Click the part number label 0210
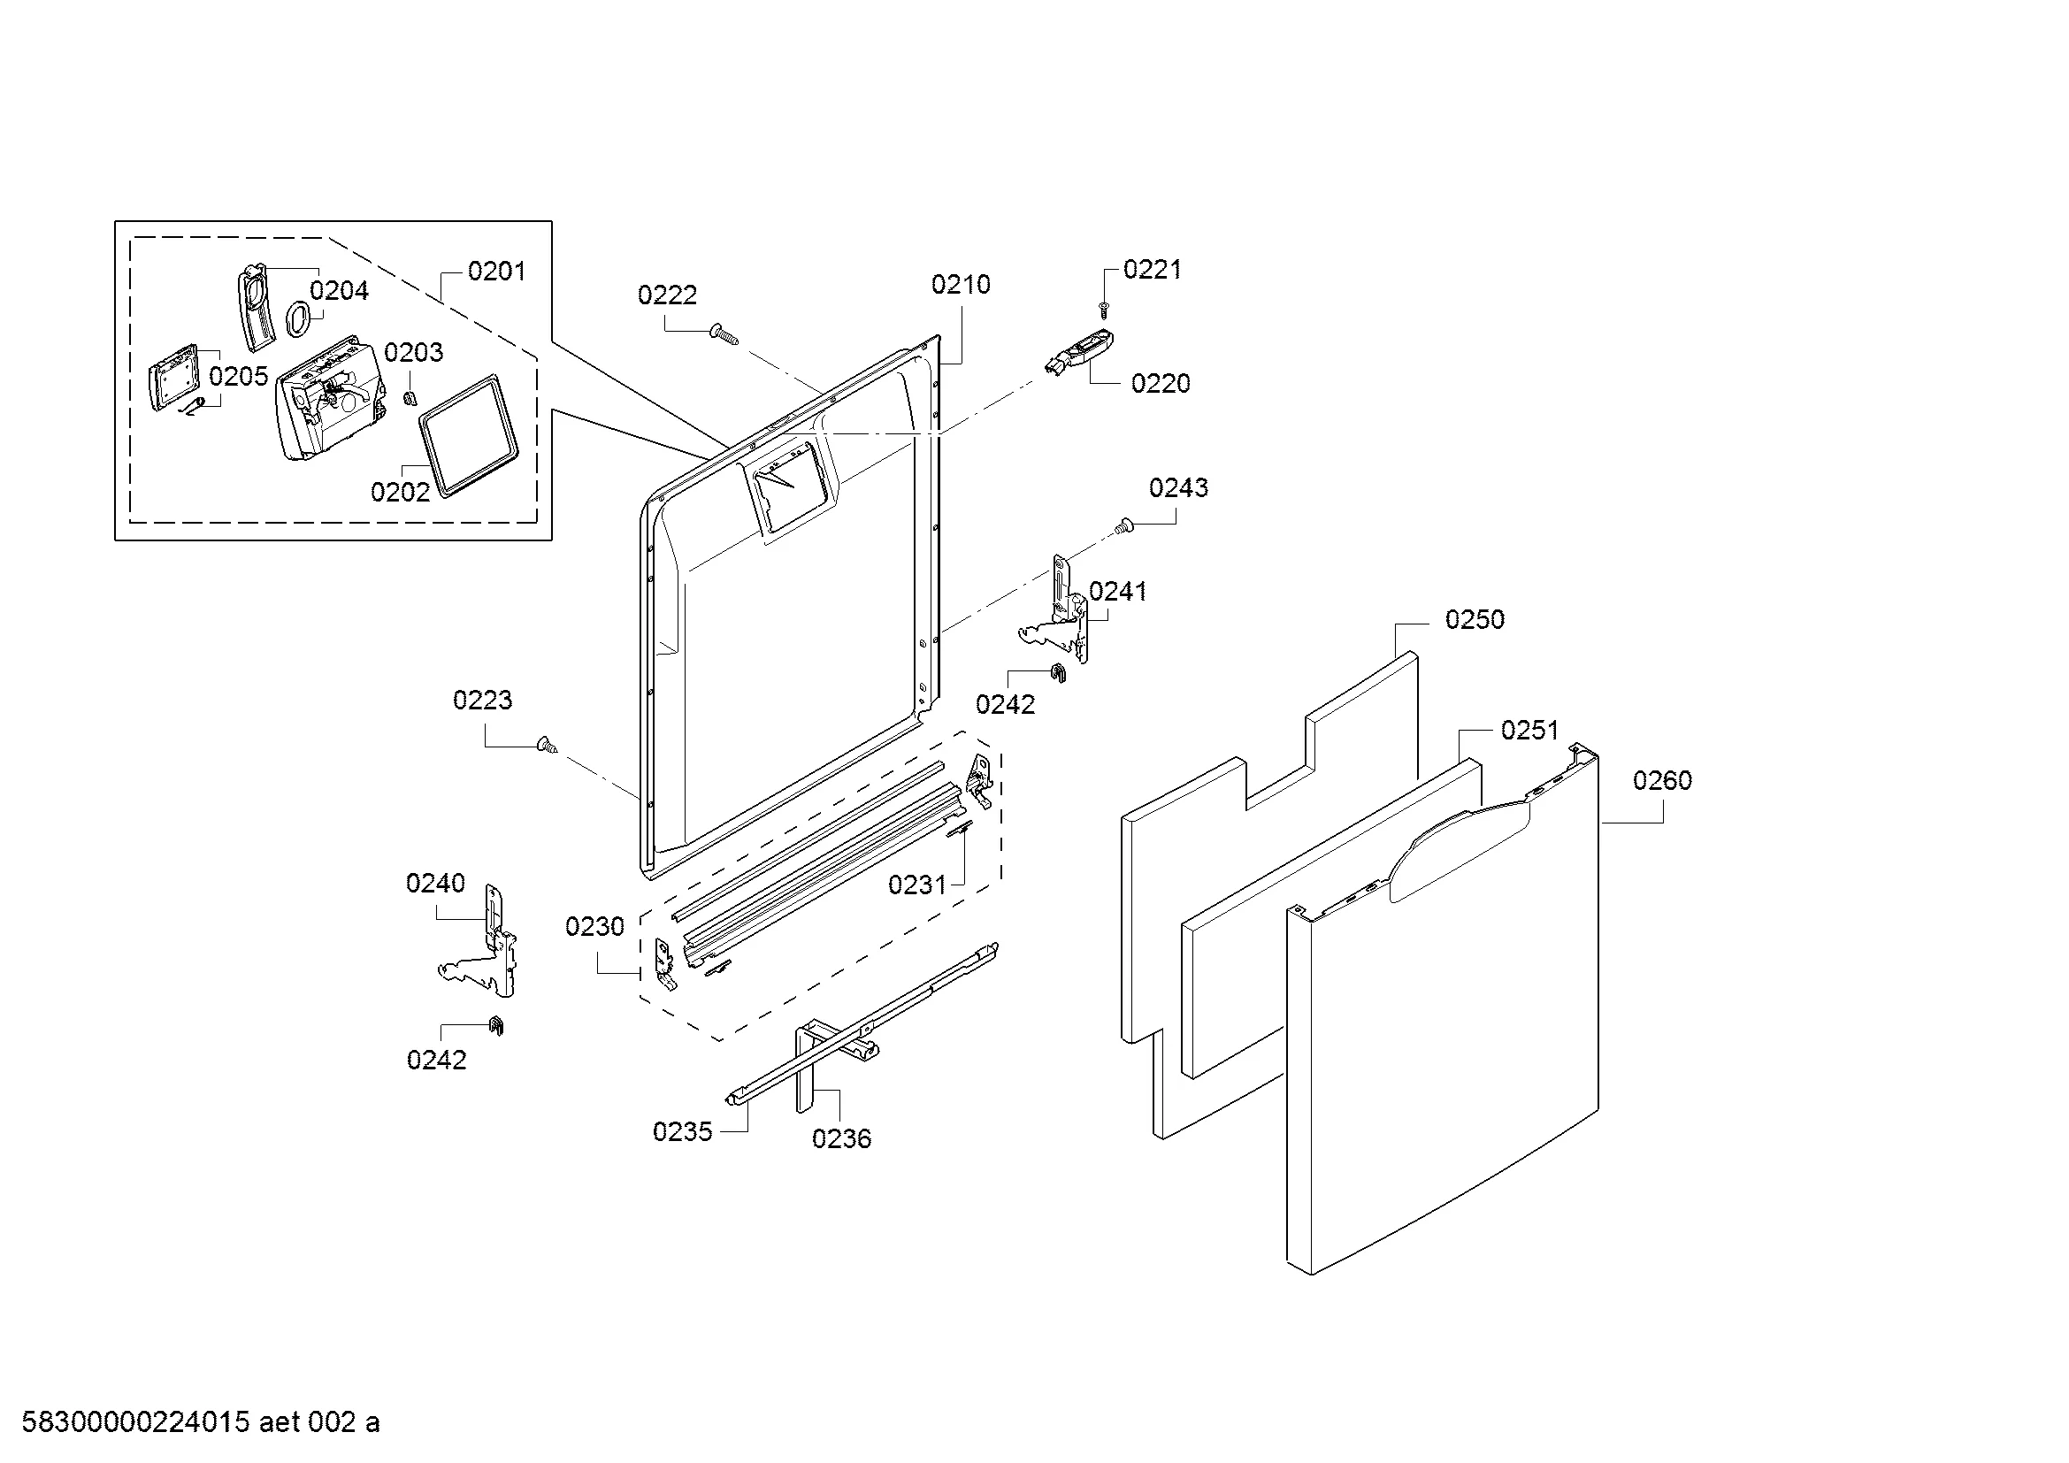[x=960, y=285]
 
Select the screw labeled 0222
[x=724, y=334]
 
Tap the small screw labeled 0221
[x=1104, y=309]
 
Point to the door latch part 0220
[x=1079, y=351]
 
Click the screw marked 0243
[x=1123, y=526]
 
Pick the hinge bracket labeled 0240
[x=491, y=946]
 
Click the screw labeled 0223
[x=546, y=745]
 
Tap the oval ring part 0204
[x=299, y=318]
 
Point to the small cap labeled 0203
[x=410, y=396]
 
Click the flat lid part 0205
[x=174, y=379]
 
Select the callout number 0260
[x=1662, y=780]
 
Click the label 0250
[x=1475, y=620]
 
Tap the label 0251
[x=1529, y=730]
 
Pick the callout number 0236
[x=840, y=1138]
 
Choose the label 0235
[x=682, y=1131]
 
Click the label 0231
[x=916, y=885]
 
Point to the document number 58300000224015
[x=135, y=1422]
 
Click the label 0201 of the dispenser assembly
[x=495, y=272]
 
